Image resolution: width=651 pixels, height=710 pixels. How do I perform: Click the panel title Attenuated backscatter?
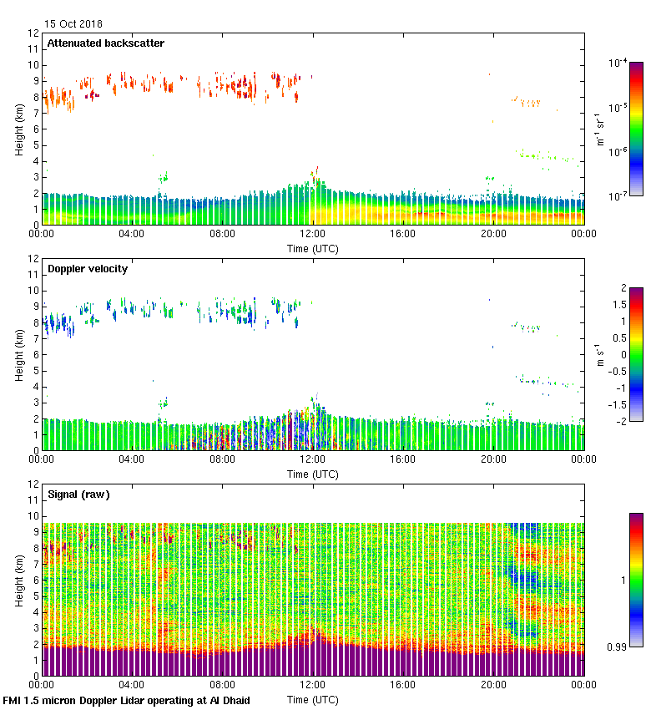pos(105,43)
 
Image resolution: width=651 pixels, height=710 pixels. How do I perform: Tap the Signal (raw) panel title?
pos(78,494)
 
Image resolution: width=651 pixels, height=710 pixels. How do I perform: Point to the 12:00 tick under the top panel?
pos(313,235)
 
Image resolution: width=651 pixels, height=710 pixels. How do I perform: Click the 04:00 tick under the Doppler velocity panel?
pos(132,460)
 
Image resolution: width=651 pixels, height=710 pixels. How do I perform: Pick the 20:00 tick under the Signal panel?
pos(493,686)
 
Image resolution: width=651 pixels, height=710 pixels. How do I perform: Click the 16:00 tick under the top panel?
pos(403,235)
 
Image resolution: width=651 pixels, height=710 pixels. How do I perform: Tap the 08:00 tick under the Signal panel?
pos(222,686)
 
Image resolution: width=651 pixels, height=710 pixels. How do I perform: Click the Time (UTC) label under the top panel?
pos(313,248)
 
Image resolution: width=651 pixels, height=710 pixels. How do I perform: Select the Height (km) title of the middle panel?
pos(19,354)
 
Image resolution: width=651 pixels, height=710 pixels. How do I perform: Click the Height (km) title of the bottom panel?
pos(19,580)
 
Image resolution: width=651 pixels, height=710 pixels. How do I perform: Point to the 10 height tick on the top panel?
pos(33,65)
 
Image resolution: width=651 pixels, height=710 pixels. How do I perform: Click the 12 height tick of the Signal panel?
pos(33,484)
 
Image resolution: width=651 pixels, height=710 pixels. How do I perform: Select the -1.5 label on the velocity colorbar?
pos(618,404)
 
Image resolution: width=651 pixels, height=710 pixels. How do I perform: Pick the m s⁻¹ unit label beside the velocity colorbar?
pos(599,354)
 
